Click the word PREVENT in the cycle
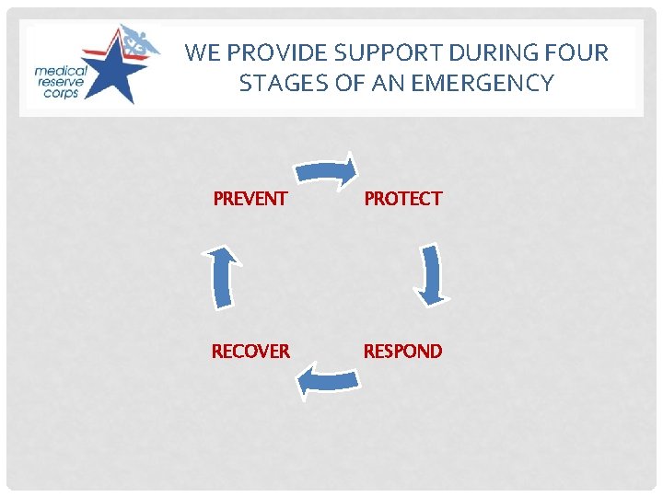click(250, 198)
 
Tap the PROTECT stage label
click(402, 198)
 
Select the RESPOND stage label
click(402, 351)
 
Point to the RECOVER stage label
click(250, 351)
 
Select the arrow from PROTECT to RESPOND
click(430, 274)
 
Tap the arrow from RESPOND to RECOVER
click(327, 378)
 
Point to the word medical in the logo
click(61, 71)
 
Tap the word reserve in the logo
click(61, 83)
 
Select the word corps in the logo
click(61, 95)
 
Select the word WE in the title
click(201, 52)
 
